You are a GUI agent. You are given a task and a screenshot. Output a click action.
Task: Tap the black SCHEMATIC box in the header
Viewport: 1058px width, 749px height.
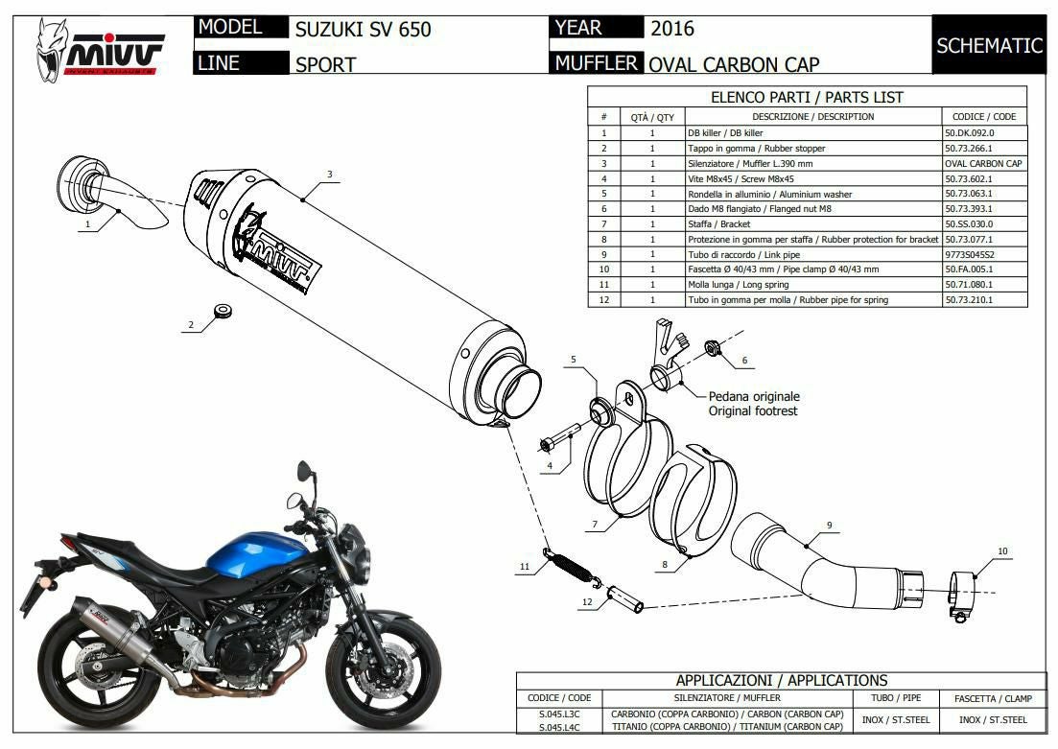988,45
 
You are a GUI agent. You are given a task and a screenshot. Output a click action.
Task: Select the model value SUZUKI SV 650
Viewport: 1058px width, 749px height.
364,30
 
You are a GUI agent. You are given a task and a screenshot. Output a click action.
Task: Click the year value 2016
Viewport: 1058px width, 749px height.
672,29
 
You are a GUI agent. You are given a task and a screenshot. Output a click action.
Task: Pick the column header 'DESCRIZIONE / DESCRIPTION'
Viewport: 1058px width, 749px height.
812,117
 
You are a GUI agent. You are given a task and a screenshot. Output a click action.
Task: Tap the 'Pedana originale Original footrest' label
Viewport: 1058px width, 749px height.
754,404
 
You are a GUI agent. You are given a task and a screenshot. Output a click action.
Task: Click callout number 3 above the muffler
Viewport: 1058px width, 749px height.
329,175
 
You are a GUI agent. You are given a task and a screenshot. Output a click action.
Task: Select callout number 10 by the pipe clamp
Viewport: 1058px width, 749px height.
1002,551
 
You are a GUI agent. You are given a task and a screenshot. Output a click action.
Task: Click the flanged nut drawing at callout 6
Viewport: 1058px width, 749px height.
714,347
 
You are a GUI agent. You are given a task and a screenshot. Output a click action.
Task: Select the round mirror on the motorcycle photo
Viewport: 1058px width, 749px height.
304,471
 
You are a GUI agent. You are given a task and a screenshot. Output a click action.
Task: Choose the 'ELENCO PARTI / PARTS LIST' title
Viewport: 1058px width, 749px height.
806,97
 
